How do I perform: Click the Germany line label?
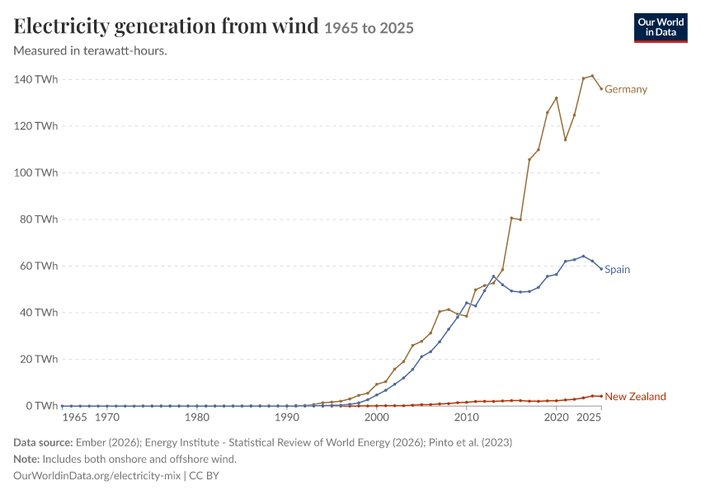(625, 89)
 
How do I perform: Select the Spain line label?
(617, 269)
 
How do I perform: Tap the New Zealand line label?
(635, 397)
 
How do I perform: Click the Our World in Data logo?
(661, 28)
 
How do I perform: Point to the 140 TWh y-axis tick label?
(35, 79)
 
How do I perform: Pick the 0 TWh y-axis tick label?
(41, 406)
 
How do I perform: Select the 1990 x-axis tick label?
(287, 417)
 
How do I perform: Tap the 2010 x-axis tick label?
(466, 417)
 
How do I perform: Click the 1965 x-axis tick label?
(75, 417)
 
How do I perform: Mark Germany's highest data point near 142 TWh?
(592, 76)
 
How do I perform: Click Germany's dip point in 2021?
(565, 139)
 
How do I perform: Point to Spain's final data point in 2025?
(601, 269)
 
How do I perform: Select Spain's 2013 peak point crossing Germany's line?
(493, 276)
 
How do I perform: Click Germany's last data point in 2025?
(601, 88)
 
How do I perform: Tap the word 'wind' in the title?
(295, 26)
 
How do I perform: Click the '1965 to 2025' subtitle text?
(369, 28)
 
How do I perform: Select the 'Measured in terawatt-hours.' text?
(90, 51)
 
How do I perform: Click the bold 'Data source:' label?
(43, 443)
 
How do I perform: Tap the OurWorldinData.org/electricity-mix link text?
(97, 476)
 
